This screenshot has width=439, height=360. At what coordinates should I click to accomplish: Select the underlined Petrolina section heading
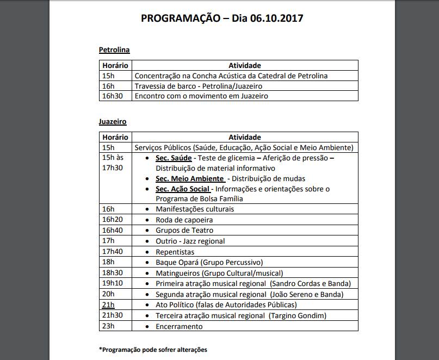114,50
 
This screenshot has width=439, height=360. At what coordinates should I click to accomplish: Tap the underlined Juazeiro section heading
113,122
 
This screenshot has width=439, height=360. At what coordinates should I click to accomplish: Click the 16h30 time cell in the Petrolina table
112,96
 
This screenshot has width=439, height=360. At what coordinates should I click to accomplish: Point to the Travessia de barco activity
199,86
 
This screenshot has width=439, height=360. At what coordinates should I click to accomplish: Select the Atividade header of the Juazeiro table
244,137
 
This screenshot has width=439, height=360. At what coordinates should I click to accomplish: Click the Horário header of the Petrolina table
115,65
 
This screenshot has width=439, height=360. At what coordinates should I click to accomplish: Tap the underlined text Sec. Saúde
174,158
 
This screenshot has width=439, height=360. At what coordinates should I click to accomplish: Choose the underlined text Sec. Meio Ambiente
190,178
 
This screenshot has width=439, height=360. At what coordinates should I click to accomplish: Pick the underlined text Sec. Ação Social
183,189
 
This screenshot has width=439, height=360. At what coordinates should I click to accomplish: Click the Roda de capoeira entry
184,220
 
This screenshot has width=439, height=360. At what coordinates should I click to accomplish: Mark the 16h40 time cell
113,230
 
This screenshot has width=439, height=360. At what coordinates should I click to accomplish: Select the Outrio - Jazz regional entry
190,241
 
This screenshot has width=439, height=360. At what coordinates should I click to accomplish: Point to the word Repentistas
175,252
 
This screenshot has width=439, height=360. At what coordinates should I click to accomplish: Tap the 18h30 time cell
113,273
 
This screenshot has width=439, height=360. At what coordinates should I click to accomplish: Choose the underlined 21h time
108,305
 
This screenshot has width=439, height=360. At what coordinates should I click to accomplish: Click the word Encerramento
179,326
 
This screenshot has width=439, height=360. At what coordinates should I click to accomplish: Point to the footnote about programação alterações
153,350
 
